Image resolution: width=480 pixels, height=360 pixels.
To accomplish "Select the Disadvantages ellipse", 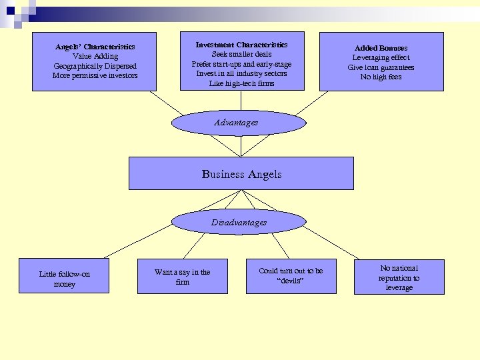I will coord(239,223).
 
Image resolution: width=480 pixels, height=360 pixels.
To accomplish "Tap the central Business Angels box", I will coord(241,174).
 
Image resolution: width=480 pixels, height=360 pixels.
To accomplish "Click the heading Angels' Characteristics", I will coord(95,47).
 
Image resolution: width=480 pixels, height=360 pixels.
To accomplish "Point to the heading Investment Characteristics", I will coord(241,45).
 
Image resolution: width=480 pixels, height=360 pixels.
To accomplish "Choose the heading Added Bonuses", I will coord(381,48).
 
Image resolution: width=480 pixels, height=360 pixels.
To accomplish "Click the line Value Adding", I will coord(95,57).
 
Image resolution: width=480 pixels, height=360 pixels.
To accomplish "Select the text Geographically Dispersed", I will coord(95,66).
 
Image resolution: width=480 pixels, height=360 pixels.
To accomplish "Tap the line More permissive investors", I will coord(95,75).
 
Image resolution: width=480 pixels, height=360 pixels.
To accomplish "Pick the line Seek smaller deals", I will coord(241,54).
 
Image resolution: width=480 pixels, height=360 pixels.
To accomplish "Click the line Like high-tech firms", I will coord(241,83).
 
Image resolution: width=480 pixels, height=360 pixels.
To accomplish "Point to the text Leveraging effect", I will coord(381,58).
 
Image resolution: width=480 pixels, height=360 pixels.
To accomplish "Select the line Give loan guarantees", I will coord(381,67).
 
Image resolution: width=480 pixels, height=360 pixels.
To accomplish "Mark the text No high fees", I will coord(381,77).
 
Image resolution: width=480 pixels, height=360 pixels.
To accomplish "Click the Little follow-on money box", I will coord(64,279).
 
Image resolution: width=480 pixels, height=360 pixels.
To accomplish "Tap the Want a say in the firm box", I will coord(182,277).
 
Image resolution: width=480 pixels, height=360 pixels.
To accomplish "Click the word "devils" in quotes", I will coord(291,281).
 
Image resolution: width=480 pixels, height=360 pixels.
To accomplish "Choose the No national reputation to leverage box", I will coord(399,277).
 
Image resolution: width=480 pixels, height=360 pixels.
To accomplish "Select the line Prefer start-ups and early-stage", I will coord(241,64).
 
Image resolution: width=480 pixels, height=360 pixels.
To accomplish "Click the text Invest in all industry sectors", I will coord(241,73).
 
